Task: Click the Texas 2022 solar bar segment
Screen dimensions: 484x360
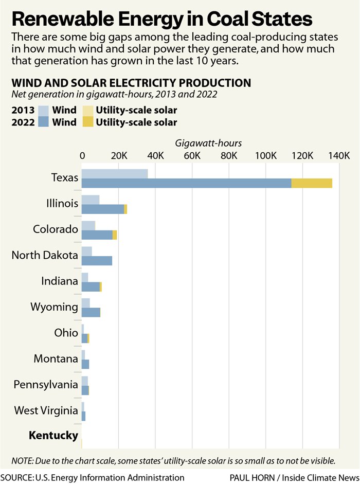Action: point(312,183)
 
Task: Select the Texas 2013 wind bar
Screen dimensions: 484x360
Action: point(115,174)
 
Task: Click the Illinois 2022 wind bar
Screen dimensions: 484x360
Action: point(103,209)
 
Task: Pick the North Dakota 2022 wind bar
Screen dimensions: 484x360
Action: point(97,260)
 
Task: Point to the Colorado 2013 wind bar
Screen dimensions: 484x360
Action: point(88,225)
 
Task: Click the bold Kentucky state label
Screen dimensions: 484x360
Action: point(53,436)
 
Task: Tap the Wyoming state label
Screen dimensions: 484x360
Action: point(54,307)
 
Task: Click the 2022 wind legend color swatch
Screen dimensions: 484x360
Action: point(45,122)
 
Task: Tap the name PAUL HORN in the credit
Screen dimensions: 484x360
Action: point(252,477)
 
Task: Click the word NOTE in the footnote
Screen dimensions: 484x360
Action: point(23,460)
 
